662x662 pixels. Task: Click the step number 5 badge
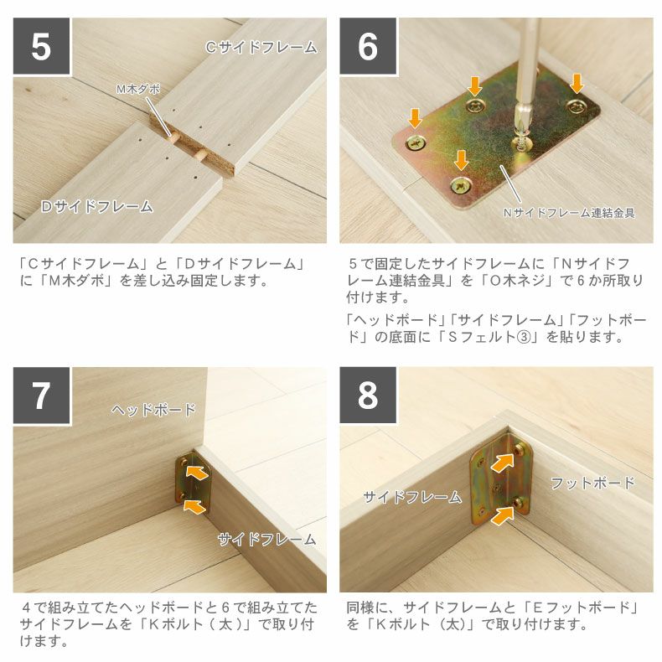click(41, 47)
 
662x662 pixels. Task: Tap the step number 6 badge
click(368, 47)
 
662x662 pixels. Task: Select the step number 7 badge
click(41, 396)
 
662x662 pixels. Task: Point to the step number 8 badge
click(368, 396)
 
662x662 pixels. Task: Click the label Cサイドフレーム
click(261, 48)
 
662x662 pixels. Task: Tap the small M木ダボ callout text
click(137, 88)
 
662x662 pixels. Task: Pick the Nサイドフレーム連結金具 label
click(568, 213)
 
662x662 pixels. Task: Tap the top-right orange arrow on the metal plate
click(577, 83)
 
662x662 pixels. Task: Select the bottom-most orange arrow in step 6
click(460, 158)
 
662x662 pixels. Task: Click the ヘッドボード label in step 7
click(154, 410)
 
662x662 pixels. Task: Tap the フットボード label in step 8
click(592, 483)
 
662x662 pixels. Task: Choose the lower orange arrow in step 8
click(503, 513)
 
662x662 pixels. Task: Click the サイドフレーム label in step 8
click(412, 497)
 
